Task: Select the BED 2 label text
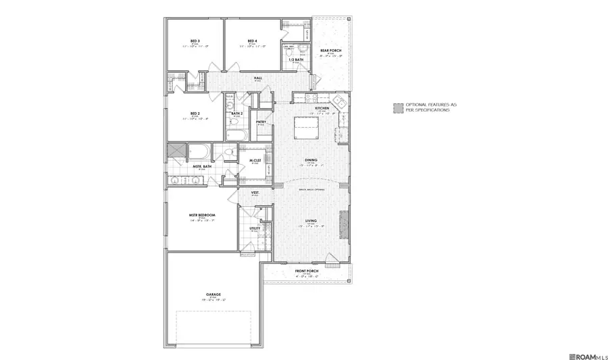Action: point(195,113)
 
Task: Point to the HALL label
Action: point(258,78)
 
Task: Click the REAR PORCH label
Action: point(330,51)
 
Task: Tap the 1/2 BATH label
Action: point(296,59)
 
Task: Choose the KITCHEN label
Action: point(322,108)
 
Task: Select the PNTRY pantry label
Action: point(261,122)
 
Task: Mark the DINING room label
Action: point(311,160)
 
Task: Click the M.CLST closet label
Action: point(255,160)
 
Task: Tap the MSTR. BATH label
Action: point(202,166)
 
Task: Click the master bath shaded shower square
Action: point(177,151)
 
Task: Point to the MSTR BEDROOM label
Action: point(202,215)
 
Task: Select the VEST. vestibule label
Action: point(255,193)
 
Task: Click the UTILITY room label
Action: point(255,228)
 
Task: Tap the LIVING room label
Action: point(311,220)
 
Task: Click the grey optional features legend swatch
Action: point(399,107)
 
